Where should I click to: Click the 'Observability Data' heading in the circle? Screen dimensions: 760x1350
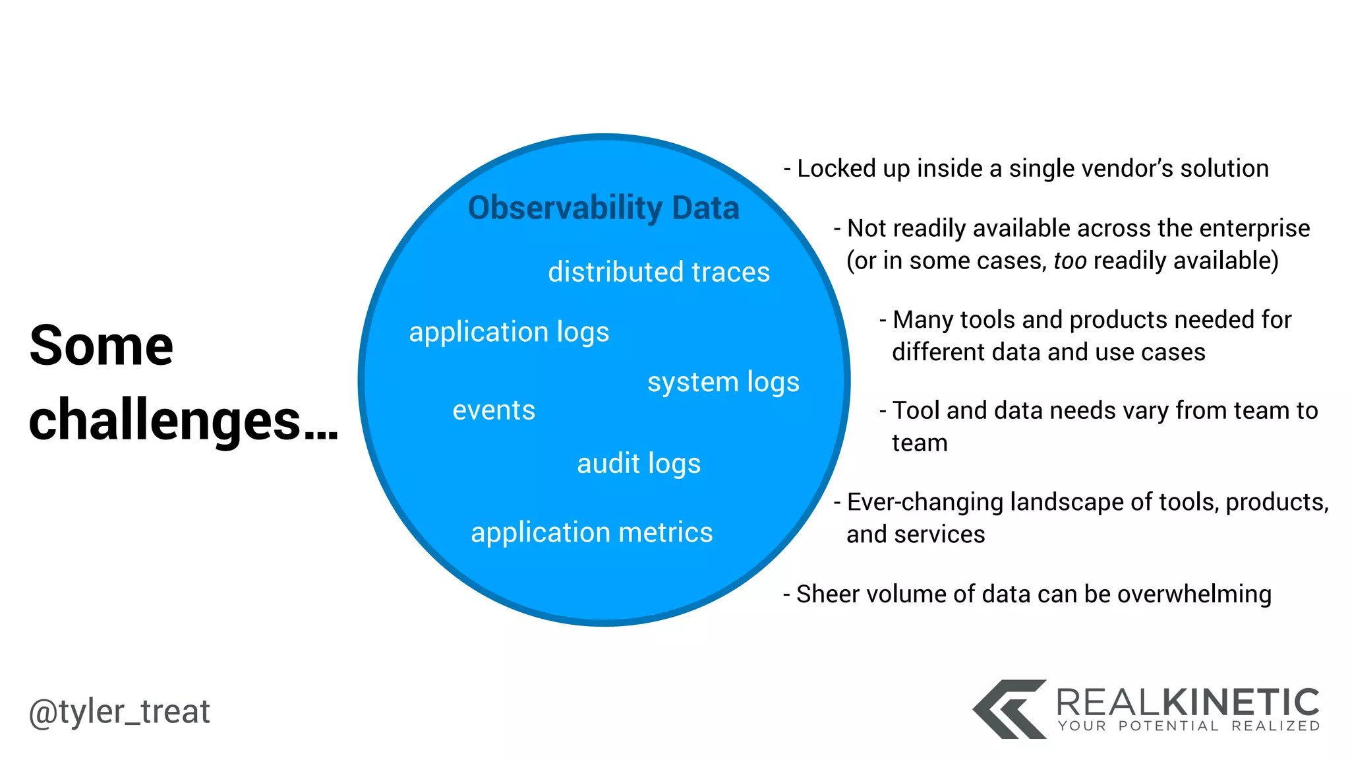pos(603,208)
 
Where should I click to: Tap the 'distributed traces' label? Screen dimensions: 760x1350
pos(659,272)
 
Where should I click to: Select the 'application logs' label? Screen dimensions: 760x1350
pos(509,332)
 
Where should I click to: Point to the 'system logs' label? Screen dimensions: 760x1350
pos(723,383)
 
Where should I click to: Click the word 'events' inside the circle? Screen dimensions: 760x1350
pos(494,410)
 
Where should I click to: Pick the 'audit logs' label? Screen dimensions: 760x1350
pos(639,464)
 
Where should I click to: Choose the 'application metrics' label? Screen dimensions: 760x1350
pos(591,532)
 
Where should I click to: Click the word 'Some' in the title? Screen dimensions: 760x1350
pos(102,346)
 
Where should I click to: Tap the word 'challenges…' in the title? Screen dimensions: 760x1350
pos(183,421)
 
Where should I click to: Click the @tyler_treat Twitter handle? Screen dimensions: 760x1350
pos(119,712)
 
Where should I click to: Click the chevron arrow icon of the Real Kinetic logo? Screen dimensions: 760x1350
pos(1009,709)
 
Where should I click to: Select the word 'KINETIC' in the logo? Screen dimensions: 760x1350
pos(1239,703)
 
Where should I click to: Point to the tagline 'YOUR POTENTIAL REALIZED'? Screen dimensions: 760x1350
pos(1189,726)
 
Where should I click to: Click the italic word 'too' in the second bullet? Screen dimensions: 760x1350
pos(1070,261)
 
